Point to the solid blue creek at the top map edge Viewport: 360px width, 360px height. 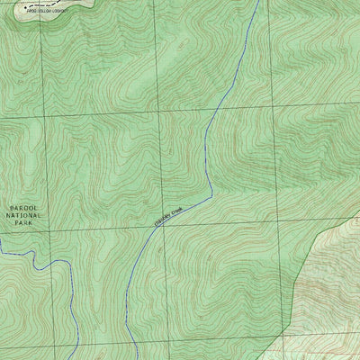[258, 3]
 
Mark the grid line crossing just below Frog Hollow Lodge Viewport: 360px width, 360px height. [42, 117]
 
